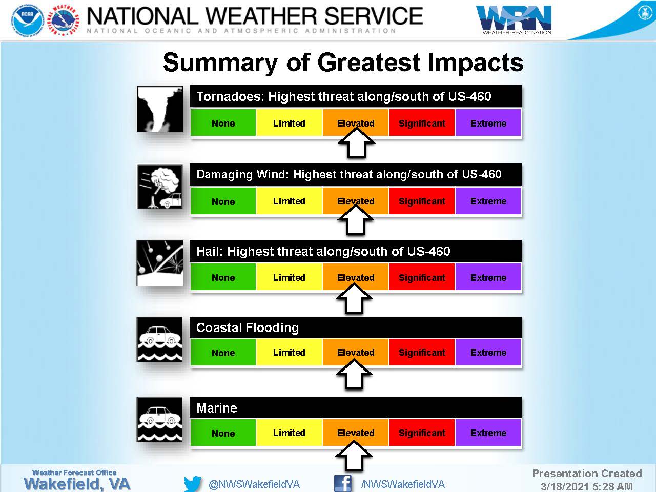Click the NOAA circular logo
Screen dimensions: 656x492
(x=28, y=20)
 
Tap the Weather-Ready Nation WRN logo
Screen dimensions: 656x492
(x=514, y=19)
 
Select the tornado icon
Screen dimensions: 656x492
(x=160, y=109)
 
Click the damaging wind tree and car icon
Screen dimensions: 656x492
(x=160, y=187)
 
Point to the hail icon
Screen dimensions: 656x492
(x=160, y=263)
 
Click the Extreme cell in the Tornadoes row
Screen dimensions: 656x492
(x=488, y=122)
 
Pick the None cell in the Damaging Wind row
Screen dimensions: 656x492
(x=223, y=201)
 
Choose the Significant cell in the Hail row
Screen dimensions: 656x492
(x=422, y=277)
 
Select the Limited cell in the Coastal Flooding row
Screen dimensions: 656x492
(x=289, y=352)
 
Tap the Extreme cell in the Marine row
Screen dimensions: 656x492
(x=488, y=433)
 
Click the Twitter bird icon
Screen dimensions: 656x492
(x=193, y=483)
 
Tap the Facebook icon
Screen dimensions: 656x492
(x=342, y=483)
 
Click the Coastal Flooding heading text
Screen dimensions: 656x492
(x=248, y=327)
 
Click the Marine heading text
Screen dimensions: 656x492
(x=217, y=408)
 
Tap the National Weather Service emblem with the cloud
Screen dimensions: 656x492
(x=64, y=20)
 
